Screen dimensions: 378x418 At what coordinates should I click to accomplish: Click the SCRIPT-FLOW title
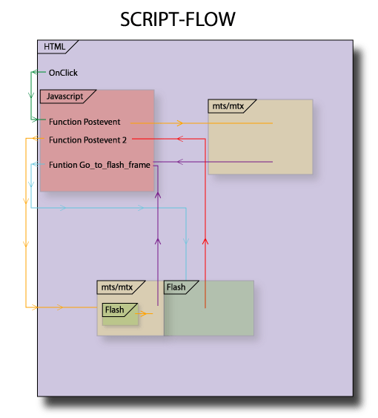tap(178, 19)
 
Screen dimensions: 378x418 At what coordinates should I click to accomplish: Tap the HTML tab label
tap(54, 47)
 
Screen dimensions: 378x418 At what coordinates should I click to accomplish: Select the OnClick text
tap(63, 73)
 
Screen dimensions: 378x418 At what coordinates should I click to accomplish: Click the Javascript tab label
tap(64, 97)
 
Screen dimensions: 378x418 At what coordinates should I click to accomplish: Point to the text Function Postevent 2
tap(87, 140)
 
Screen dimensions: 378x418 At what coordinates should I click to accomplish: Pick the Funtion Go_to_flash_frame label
tap(99, 165)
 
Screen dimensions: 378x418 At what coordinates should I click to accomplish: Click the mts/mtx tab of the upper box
tap(228, 106)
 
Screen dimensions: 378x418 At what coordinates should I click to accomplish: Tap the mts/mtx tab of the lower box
tap(117, 287)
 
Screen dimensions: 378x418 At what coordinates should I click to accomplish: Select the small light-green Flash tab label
tap(114, 310)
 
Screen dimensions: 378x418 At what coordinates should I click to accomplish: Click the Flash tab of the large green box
tap(176, 287)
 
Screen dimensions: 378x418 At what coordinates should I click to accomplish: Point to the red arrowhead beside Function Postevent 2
tap(180, 139)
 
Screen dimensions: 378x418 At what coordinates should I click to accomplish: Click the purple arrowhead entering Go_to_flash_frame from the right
tap(180, 162)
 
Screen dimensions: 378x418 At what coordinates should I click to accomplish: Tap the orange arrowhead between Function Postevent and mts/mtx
tap(179, 123)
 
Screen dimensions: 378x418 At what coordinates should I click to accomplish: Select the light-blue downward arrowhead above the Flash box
tap(186, 241)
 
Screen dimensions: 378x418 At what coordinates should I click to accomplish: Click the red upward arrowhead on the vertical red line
tap(205, 241)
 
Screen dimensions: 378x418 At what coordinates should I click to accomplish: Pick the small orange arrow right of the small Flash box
tap(144, 313)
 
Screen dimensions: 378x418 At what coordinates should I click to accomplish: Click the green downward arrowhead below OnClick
tap(31, 94)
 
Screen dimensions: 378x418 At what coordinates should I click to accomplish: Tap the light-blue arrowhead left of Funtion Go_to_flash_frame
tap(34, 164)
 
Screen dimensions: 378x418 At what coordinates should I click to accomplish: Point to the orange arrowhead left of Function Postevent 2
tap(35, 138)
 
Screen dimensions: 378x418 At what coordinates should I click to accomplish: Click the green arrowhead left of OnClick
tap(35, 72)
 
